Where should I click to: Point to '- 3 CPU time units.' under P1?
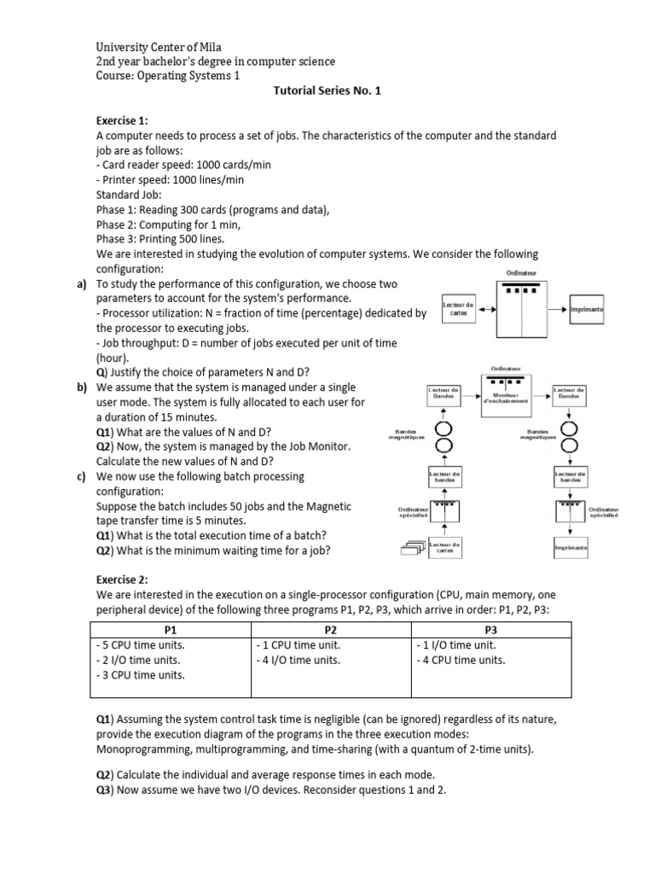point(141,674)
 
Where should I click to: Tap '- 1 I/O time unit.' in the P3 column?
point(455,645)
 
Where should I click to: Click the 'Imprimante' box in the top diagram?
point(587,312)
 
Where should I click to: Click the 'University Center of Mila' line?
point(160,47)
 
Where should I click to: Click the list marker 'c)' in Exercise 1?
point(83,476)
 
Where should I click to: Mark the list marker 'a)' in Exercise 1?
point(83,283)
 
